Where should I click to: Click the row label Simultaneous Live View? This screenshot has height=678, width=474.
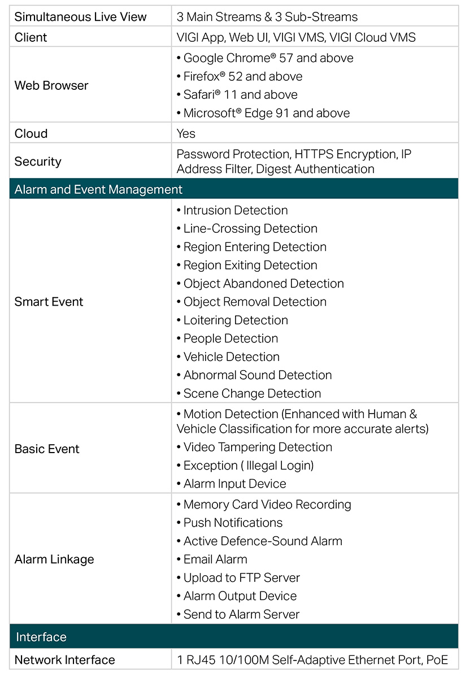coord(80,17)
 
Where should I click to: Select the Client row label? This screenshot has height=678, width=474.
coord(31,37)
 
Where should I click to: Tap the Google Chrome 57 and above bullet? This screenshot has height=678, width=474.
coord(265,58)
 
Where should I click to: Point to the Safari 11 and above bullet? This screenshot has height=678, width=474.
coord(237,95)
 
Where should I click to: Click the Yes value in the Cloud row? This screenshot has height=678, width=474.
coord(186,133)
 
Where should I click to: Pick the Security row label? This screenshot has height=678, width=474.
coord(38,162)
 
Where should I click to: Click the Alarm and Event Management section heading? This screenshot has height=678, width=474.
coord(98,189)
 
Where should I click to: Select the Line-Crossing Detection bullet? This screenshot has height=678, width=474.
coord(247,228)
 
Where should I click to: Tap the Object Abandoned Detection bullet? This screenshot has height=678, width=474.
coord(260,284)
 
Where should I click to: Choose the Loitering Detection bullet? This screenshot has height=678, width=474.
coord(232,320)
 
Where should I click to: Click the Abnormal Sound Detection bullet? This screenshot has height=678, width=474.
coord(254,375)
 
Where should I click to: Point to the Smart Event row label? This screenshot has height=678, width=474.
coord(49,302)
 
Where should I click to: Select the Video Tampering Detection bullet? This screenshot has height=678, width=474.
coord(254,447)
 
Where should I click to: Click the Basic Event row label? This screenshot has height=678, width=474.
coord(47,449)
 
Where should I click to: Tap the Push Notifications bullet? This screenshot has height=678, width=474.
coord(229,523)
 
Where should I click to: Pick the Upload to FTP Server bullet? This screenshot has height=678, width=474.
coord(238,577)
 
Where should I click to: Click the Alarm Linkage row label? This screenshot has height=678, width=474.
coord(54,559)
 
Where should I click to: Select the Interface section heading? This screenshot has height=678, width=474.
coord(41,637)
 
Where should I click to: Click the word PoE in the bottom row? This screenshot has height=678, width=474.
coord(437,660)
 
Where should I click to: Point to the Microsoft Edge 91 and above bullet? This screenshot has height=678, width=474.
coord(263,113)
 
